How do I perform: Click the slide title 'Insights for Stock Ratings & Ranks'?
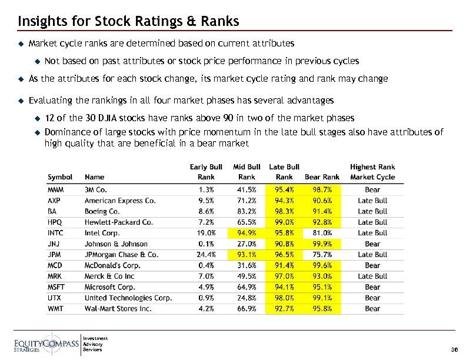[128, 22]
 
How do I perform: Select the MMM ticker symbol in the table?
[56, 190]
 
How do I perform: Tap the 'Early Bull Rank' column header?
[206, 172]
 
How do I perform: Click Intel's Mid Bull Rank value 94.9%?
[247, 233]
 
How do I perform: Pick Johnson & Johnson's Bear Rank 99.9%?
[322, 244]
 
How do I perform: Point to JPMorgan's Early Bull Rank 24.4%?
[205, 255]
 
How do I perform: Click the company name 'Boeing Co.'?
[102, 211]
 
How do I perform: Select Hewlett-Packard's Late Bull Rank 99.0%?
[284, 222]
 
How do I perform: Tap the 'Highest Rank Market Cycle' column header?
[372, 172]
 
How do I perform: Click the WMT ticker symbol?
[56, 308]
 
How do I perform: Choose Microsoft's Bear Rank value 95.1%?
[322, 287]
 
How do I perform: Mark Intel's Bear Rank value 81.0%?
[322, 233]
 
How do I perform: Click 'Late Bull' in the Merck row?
[372, 276]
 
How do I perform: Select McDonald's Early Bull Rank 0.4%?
[207, 265]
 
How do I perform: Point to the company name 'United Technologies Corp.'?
[128, 298]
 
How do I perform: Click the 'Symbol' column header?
[60, 176]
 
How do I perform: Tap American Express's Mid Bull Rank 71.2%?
[247, 201]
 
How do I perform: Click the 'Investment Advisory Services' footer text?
[96, 344]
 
